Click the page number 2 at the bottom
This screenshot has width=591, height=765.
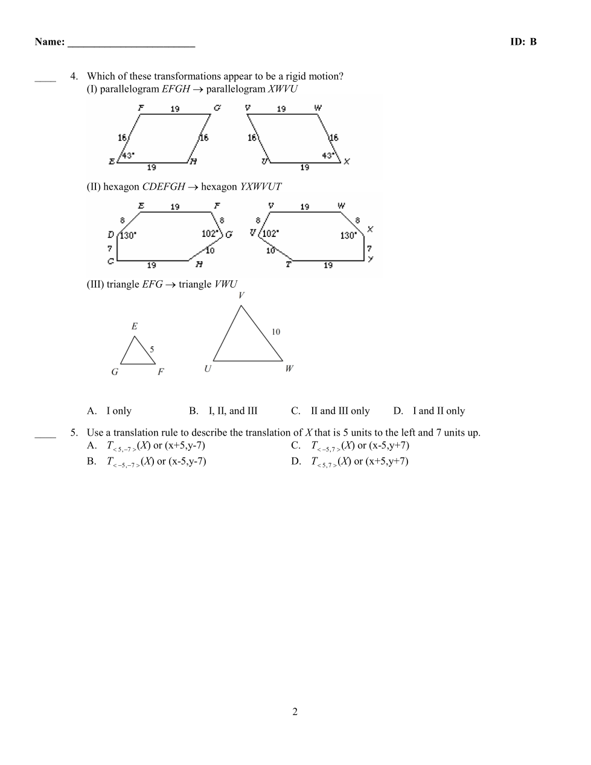(295, 711)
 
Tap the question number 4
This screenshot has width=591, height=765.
(74, 76)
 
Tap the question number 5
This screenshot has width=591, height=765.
(74, 433)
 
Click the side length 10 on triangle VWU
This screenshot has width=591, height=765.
(276, 332)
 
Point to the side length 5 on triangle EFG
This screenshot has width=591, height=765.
(152, 349)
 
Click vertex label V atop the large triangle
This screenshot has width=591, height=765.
(241, 295)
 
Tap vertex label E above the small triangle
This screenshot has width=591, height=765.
(134, 326)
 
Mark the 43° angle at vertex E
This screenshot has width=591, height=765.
(128, 155)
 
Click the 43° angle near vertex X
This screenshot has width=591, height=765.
(329, 155)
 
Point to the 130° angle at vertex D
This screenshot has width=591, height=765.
(127, 235)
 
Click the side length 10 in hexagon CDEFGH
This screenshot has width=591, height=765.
(209, 250)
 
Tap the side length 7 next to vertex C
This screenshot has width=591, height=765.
(110, 248)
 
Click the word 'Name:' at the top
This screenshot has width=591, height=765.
(50, 42)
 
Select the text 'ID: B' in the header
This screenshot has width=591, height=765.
(523, 42)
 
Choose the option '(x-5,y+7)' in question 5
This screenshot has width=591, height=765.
(389, 446)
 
